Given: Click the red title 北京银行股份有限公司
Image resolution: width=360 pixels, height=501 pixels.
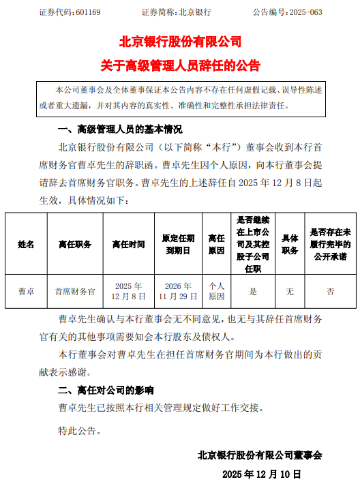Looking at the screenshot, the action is [x=180, y=42].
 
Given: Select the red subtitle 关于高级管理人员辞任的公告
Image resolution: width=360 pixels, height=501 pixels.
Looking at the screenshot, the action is [x=180, y=66].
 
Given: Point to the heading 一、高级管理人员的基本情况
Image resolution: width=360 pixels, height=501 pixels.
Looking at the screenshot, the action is [x=120, y=129].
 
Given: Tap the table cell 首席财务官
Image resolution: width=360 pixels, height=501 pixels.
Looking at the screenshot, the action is [x=75, y=292].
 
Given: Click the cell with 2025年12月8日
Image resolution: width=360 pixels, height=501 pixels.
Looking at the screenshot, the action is [x=128, y=292].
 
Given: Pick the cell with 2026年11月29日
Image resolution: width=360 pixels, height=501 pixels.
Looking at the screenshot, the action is [x=178, y=292].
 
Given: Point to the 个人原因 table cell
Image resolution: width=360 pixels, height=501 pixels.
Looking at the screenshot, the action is [x=216, y=292].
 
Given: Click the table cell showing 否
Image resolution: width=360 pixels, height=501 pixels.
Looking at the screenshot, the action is [x=330, y=292].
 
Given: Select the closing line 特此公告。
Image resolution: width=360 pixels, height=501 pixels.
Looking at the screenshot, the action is [x=80, y=431].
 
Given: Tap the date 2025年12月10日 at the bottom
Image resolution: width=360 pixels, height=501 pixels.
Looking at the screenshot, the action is [x=261, y=473].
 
